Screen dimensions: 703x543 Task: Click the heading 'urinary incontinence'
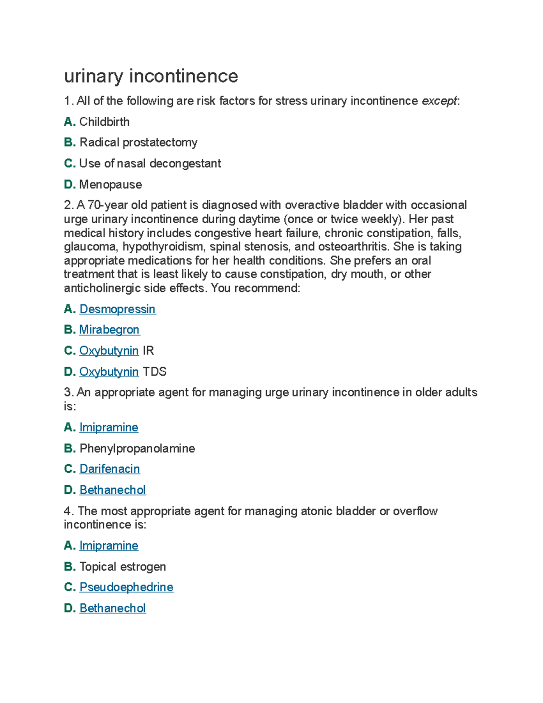tap(151, 76)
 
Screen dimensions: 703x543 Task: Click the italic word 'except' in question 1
tap(439, 101)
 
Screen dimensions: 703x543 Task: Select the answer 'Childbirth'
tap(104, 122)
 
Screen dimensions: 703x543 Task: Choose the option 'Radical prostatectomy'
tap(138, 143)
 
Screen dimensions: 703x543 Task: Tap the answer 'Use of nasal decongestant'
tap(150, 163)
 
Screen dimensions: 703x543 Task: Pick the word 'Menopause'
tap(110, 185)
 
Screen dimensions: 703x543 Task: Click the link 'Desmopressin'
tap(117, 309)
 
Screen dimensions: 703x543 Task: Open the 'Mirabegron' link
tap(109, 330)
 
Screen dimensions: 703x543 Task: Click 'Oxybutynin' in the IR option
tap(109, 351)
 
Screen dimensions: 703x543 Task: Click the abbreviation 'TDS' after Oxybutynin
tap(154, 372)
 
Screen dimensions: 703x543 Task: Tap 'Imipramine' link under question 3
tap(109, 427)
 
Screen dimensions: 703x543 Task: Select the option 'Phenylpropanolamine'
tap(137, 449)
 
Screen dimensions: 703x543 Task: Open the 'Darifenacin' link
tap(110, 469)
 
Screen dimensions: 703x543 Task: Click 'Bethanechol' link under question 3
tap(112, 490)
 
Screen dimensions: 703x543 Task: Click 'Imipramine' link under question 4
tap(109, 546)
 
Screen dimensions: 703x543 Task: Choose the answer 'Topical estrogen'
tap(123, 567)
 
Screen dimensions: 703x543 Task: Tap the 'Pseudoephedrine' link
tap(126, 587)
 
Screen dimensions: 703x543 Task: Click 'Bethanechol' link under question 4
tap(112, 608)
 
